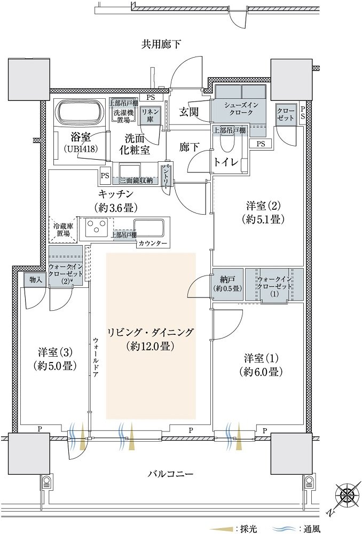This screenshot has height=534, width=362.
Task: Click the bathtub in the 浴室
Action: [81, 113]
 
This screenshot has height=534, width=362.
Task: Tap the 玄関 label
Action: [189, 112]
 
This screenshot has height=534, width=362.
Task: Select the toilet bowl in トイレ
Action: [228, 144]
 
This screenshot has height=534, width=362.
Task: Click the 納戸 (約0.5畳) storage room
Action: [228, 285]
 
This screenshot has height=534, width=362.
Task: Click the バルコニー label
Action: [171, 474]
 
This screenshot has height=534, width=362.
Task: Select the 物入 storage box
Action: [36, 280]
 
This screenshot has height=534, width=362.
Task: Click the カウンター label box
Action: [153, 243]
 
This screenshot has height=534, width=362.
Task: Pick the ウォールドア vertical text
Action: [96, 357]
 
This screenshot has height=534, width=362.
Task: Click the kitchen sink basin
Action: [149, 228]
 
